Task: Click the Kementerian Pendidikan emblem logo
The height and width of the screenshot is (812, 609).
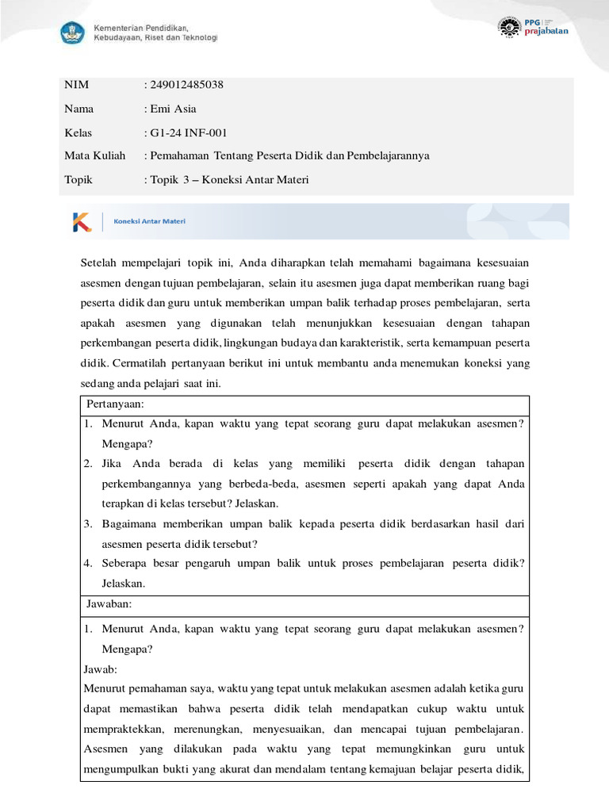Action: pyautogui.click(x=74, y=33)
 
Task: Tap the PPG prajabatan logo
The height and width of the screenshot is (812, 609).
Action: pyautogui.click(x=532, y=27)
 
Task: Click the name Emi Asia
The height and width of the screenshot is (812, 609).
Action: pyautogui.click(x=173, y=109)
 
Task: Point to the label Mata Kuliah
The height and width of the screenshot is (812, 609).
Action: pyautogui.click(x=94, y=156)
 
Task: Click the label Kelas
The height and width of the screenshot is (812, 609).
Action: pyautogui.click(x=78, y=132)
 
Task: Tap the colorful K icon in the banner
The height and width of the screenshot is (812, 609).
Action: pyautogui.click(x=82, y=223)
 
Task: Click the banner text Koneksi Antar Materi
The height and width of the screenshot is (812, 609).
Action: pyautogui.click(x=150, y=222)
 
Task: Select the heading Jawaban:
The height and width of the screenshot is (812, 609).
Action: pyautogui.click(x=109, y=604)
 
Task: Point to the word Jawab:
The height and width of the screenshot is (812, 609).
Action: pyautogui.click(x=99, y=668)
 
